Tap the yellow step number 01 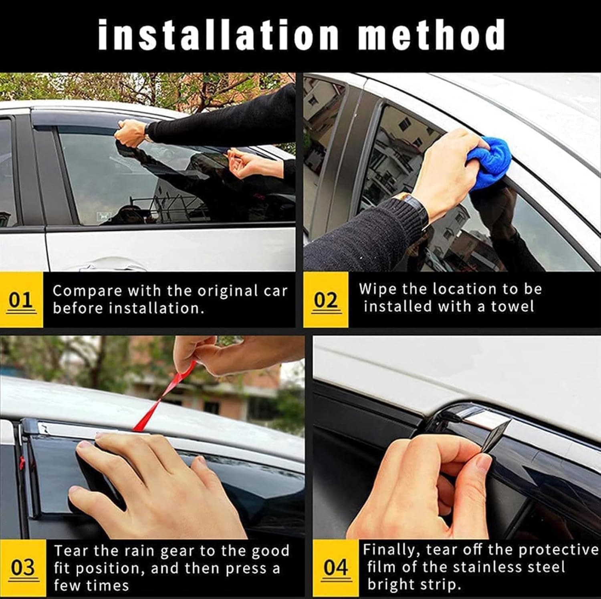click(x=21, y=300)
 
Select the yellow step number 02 click(x=325, y=300)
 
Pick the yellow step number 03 click(x=23, y=568)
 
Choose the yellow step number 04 click(x=335, y=568)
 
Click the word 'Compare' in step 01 click(x=87, y=291)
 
